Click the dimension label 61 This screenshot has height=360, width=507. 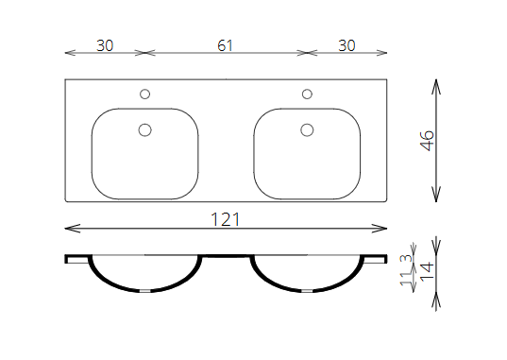(225, 45)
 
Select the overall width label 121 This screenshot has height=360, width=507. (226, 219)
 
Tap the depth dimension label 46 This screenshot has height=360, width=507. (427, 141)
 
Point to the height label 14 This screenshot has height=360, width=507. (427, 271)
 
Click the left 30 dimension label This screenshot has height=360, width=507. (105, 45)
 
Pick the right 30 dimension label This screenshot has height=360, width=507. (346, 45)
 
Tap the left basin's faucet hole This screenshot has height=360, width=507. (144, 94)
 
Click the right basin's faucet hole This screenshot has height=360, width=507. (307, 94)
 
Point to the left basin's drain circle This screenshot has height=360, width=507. (144, 129)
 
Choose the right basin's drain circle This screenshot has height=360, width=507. (307, 129)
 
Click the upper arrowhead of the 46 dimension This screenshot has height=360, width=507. (436, 86)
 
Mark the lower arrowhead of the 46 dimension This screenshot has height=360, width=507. (436, 195)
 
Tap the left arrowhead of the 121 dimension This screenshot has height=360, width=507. (73, 229)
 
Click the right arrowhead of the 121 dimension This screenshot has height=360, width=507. (380, 229)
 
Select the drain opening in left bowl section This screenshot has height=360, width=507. (144, 291)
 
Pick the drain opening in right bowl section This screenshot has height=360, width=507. (307, 291)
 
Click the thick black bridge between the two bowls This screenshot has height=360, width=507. (227, 256)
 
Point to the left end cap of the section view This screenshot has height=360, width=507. (66, 259)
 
